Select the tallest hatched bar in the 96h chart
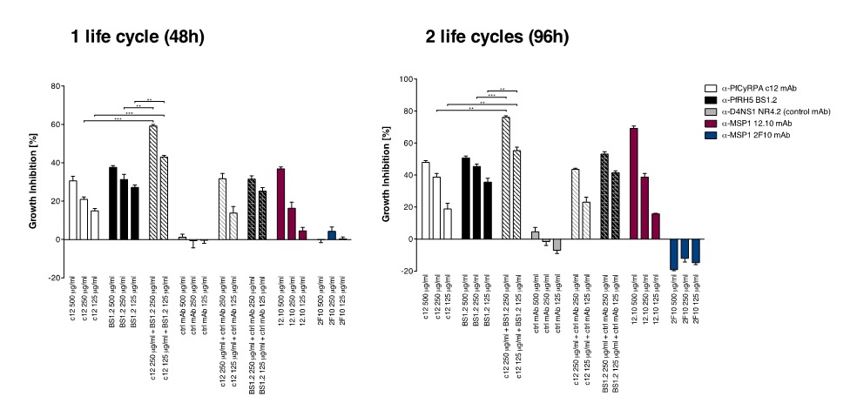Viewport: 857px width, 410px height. [x=505, y=178]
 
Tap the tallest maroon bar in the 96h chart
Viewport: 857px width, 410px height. [x=633, y=184]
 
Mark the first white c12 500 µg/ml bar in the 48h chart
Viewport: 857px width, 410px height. [x=73, y=210]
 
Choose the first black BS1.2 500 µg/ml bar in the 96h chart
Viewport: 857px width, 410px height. [x=466, y=198]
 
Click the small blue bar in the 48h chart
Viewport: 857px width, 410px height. [x=332, y=235]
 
